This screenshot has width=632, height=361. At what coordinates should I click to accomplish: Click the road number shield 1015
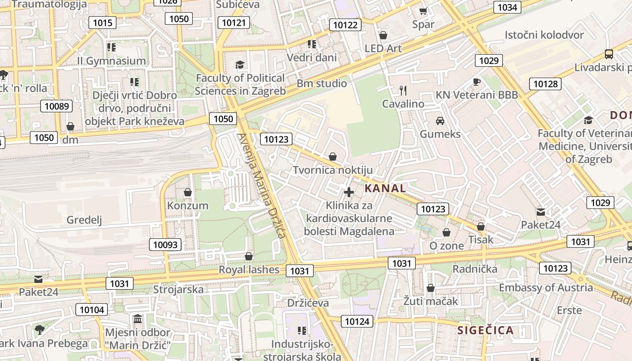tap(102, 22)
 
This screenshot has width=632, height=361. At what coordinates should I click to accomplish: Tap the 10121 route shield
tap(234, 23)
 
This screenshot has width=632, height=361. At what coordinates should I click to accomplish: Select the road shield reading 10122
tap(345, 25)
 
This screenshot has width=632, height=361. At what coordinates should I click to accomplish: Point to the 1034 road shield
tap(507, 7)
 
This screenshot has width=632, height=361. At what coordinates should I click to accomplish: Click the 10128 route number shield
tap(545, 83)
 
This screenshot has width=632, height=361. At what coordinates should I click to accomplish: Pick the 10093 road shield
tap(166, 245)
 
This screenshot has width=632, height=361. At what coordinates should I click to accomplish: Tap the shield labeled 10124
tap(357, 321)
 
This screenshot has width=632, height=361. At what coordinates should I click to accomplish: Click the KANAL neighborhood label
tap(385, 188)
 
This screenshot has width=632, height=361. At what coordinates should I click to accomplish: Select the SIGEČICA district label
tap(486, 330)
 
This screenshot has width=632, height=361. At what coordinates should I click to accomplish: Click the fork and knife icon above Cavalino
tap(403, 90)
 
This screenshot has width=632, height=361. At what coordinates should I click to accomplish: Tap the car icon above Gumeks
tap(440, 120)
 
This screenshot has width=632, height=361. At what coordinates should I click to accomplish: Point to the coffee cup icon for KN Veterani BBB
tap(476, 82)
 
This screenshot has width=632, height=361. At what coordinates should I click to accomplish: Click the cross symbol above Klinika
tap(349, 192)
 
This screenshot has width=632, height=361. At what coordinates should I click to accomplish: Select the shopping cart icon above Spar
tap(423, 11)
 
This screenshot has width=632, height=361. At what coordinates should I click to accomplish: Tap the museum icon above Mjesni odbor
tap(138, 319)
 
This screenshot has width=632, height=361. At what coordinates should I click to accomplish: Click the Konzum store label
tap(188, 206)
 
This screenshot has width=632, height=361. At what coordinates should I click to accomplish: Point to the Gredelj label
tap(84, 220)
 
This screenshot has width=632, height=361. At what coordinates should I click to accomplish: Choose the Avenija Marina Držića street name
tap(261, 185)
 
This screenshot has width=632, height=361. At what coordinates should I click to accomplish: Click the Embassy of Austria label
tap(546, 287)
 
